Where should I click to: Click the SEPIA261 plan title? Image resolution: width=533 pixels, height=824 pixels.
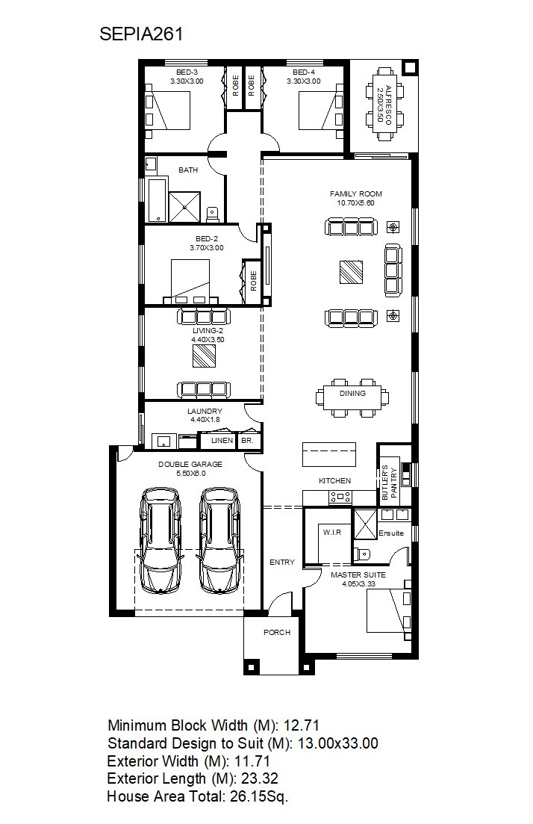(141, 34)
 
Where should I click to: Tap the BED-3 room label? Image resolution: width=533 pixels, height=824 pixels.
(187, 72)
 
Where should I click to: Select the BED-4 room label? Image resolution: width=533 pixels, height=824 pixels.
(304, 72)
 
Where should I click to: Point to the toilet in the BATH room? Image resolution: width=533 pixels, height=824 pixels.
(212, 214)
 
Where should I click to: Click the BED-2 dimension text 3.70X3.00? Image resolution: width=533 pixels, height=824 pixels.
(206, 247)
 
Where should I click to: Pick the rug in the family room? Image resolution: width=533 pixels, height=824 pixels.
(351, 272)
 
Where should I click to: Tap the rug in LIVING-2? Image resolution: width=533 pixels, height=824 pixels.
(204, 356)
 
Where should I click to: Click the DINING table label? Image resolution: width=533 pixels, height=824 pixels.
(352, 393)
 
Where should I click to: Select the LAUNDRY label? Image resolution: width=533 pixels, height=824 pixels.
(205, 411)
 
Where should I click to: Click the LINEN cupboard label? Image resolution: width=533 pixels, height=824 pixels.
(222, 440)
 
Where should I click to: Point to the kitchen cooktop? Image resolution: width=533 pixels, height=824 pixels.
(340, 495)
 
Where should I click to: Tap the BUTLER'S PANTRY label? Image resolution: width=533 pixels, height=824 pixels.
(389, 482)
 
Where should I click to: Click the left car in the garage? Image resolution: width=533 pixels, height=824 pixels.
(160, 542)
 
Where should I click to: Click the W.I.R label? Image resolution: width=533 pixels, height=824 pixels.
(332, 533)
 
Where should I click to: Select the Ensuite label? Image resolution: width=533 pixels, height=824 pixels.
(391, 533)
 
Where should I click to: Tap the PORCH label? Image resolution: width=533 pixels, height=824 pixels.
(277, 632)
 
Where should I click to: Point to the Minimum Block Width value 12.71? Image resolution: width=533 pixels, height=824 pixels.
(302, 725)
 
